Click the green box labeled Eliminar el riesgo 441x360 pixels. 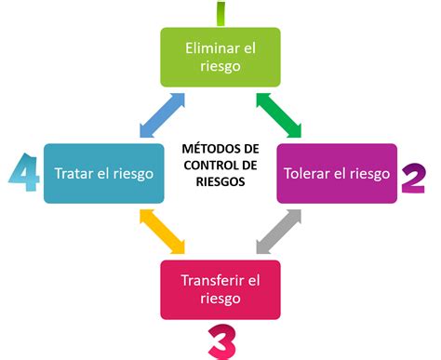click(220, 56)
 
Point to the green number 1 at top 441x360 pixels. click(220, 13)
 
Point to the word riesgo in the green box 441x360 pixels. click(220, 66)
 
